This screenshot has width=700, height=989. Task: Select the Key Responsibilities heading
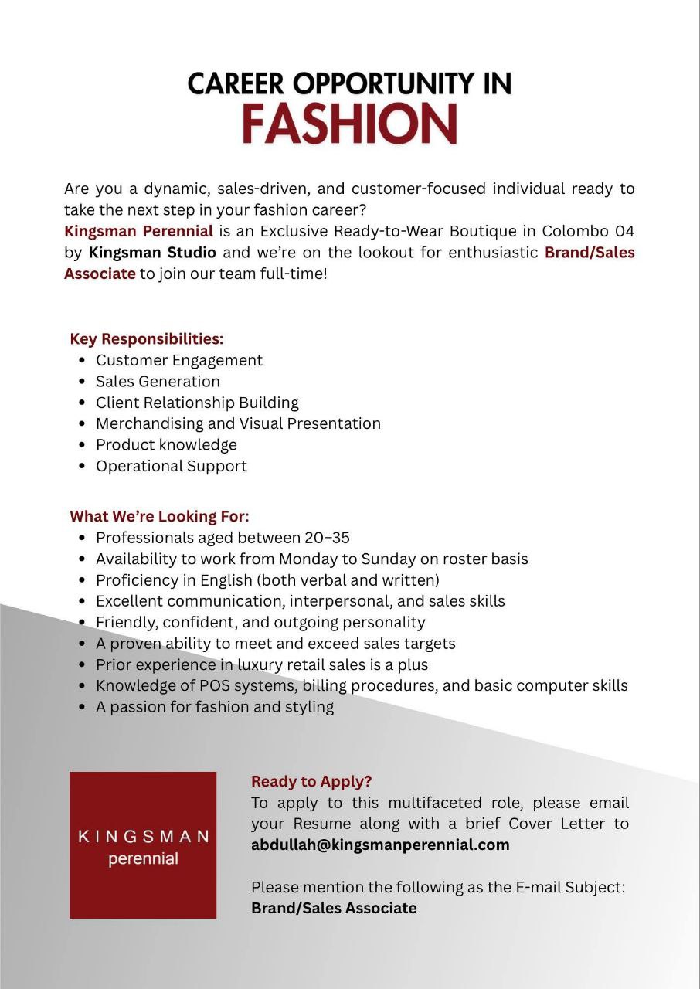click(146, 338)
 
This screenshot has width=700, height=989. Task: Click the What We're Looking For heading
click(159, 516)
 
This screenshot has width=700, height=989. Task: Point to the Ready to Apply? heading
click(311, 781)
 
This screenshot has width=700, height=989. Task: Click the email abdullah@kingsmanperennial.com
click(380, 845)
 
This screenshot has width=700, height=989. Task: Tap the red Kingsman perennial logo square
click(143, 845)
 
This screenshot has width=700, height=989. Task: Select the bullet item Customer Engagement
click(178, 360)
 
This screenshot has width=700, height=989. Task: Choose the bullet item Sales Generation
click(158, 381)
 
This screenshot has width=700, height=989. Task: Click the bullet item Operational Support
click(171, 466)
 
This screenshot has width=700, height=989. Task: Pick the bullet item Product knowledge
click(166, 444)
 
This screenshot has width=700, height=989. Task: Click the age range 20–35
click(327, 537)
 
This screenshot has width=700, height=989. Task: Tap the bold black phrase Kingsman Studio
click(152, 252)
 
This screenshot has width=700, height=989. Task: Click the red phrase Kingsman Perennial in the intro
click(138, 231)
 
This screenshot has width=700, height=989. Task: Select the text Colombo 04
click(587, 231)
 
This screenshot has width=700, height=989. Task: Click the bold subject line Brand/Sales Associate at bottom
click(334, 908)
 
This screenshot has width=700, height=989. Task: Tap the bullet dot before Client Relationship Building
click(82, 403)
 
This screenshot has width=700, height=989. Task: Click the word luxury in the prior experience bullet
click(263, 664)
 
